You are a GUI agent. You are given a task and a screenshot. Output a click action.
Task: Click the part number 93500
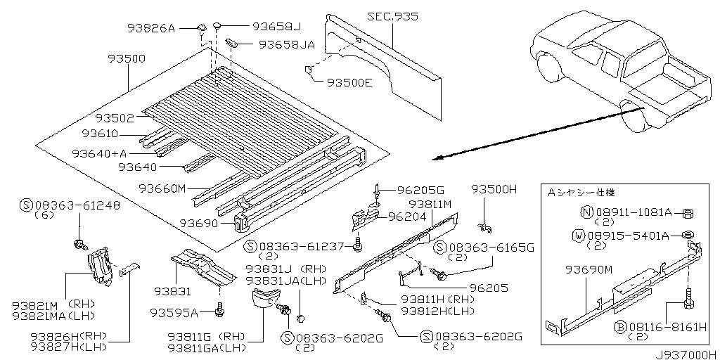127,59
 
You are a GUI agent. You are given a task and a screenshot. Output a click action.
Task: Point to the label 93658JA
286,44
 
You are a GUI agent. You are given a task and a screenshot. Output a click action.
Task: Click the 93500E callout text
349,82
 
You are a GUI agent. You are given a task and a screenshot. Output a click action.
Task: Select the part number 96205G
421,190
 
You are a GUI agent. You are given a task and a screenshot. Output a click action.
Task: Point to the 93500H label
494,189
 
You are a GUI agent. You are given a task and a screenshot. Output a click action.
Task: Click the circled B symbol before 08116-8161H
621,326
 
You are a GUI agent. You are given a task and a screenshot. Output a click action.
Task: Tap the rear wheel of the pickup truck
634,116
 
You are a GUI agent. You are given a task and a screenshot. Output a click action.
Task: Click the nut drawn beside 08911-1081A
690,212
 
